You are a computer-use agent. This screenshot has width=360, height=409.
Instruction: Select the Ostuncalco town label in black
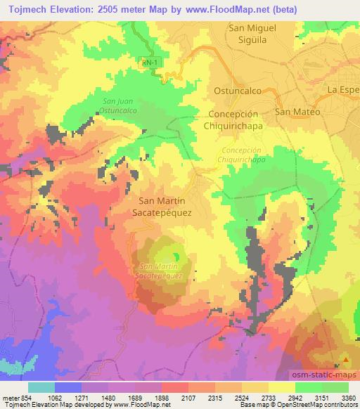237,91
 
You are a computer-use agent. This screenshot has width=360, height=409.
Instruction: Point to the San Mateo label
297,112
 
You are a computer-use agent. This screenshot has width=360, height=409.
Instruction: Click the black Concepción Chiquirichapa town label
239,119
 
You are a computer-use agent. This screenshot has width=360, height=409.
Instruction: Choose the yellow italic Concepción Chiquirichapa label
242,155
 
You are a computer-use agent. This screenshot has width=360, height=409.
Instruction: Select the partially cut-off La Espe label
342,90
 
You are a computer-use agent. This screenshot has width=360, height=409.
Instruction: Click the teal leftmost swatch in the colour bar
41,387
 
